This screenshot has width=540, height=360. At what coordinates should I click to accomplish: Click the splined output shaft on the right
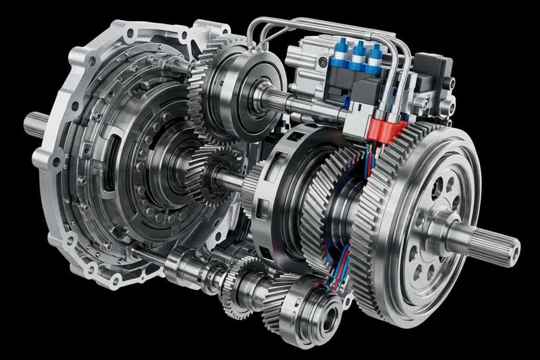click(x=493, y=244)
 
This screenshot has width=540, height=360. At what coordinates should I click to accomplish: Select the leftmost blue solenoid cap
click(x=339, y=51)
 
